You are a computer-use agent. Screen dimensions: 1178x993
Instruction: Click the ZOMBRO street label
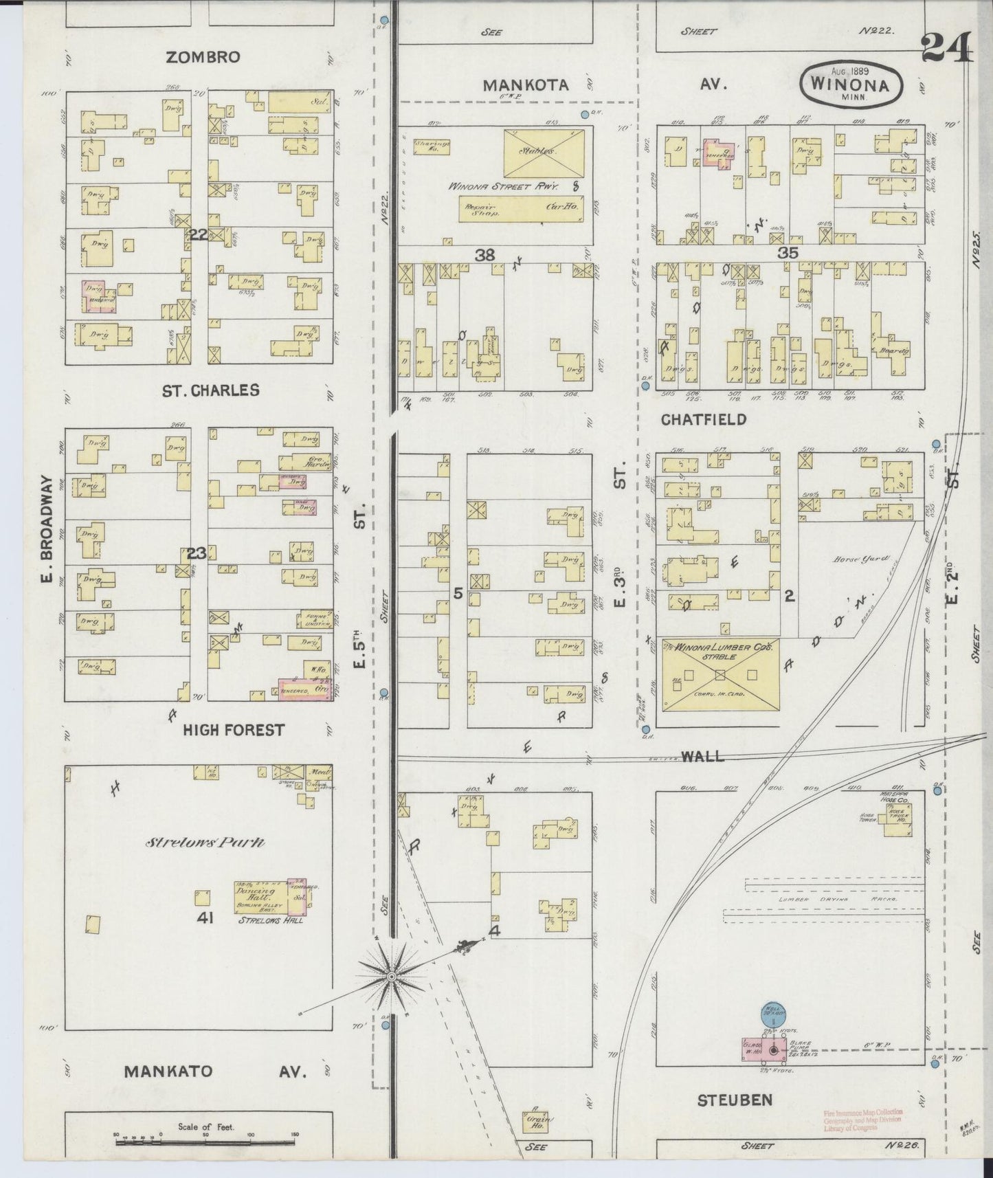pos(203,57)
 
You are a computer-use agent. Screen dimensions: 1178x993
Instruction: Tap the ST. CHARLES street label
pos(211,390)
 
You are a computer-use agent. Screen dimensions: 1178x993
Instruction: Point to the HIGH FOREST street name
pos(233,730)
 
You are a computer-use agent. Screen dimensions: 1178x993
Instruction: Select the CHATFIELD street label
pos(704,419)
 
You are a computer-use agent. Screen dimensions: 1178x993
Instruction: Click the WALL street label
pos(702,756)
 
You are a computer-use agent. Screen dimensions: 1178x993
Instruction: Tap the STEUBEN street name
pos(735,1100)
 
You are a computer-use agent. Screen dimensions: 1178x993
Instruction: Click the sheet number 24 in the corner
pos(948,48)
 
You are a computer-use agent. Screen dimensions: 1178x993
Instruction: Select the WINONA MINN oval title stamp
pos(850,84)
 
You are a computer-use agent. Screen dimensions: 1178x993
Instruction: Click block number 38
pos(484,255)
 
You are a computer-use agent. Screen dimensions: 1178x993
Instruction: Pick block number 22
pos(199,235)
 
